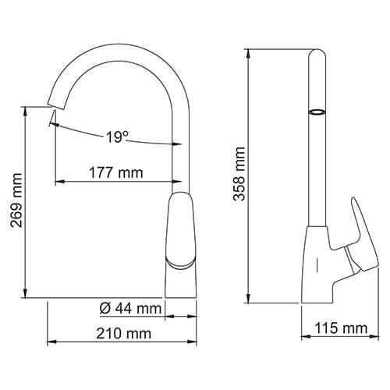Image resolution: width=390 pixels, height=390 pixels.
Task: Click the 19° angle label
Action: (x=117, y=136)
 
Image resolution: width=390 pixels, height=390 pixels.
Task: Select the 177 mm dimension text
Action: (x=116, y=172)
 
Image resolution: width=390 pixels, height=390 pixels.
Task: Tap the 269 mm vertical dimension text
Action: (x=16, y=200)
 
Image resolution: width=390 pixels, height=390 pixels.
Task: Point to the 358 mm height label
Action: (x=239, y=174)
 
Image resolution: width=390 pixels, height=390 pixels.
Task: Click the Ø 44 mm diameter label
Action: (x=130, y=309)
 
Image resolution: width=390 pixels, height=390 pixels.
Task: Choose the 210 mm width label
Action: (x=124, y=333)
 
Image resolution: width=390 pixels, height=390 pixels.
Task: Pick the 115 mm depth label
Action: (x=342, y=328)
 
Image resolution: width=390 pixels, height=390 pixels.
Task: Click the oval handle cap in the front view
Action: (x=181, y=229)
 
